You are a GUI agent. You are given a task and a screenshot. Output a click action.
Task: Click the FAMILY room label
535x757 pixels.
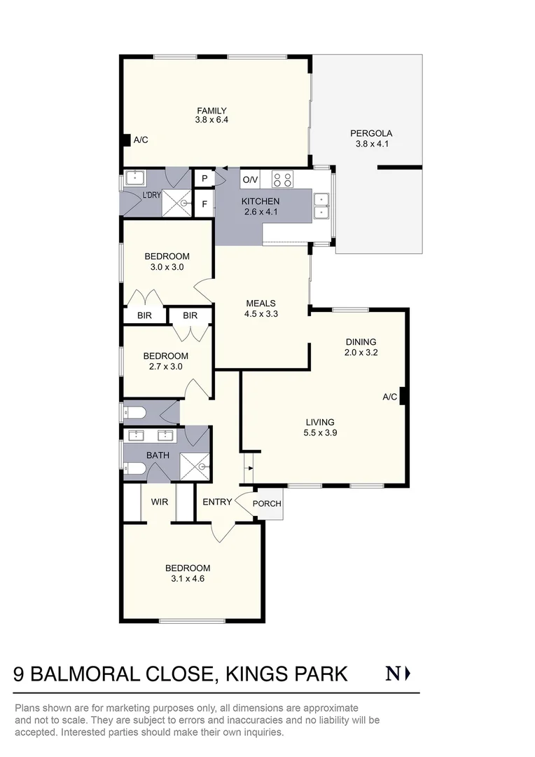pyautogui.click(x=211, y=111)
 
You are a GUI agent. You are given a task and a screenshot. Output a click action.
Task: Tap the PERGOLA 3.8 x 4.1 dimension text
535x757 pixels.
pyautogui.click(x=371, y=144)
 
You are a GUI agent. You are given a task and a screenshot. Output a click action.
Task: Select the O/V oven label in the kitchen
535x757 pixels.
pyautogui.click(x=250, y=180)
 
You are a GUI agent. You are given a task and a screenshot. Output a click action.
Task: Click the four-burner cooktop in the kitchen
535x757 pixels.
pyautogui.click(x=282, y=179)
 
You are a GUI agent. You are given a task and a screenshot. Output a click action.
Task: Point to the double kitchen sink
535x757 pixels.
pyautogui.click(x=321, y=205)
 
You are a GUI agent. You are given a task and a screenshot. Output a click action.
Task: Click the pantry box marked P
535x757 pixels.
pyautogui.click(x=204, y=179)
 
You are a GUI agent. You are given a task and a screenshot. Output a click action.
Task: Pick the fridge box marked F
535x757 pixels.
pyautogui.click(x=204, y=205)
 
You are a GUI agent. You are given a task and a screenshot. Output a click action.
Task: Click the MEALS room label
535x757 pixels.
pyautogui.click(x=260, y=304)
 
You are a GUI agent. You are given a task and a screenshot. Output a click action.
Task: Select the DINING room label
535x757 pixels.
pyautogui.click(x=361, y=342)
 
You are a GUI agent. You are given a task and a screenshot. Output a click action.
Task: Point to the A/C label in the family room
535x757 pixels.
pyautogui.click(x=140, y=140)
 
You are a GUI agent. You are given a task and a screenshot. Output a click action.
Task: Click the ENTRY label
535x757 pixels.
pyautogui.click(x=216, y=502)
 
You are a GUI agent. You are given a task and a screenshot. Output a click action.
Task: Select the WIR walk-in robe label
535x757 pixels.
pyautogui.click(x=160, y=501)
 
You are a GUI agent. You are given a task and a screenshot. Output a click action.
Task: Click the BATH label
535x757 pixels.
pyautogui.click(x=158, y=456)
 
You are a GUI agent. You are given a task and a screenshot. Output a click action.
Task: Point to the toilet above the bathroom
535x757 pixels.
pyautogui.click(x=134, y=412)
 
